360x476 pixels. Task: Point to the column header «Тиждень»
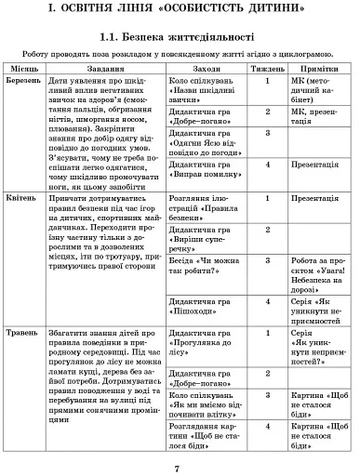point(267,70)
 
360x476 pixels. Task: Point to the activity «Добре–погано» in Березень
point(204,116)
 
